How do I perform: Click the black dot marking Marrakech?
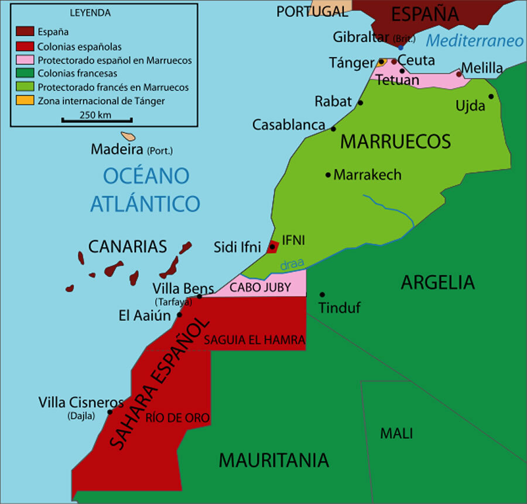(328, 175)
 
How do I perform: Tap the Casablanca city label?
(289, 125)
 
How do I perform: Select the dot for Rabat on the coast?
(360, 103)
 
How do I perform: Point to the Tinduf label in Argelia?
(339, 308)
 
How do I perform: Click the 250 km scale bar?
(97, 120)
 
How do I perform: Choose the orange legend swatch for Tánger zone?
(25, 101)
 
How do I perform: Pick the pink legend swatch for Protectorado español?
(25, 60)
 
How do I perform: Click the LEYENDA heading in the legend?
(90, 12)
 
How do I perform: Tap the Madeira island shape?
(128, 135)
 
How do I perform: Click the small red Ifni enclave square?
(272, 247)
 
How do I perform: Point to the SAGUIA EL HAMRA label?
(254, 340)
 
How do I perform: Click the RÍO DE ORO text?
(177, 418)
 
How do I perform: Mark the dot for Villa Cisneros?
(109, 412)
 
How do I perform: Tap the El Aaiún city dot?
(179, 315)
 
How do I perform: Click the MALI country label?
(396, 434)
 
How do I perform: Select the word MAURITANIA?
(273, 461)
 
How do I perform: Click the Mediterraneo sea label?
(474, 41)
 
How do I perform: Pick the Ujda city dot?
(491, 97)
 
